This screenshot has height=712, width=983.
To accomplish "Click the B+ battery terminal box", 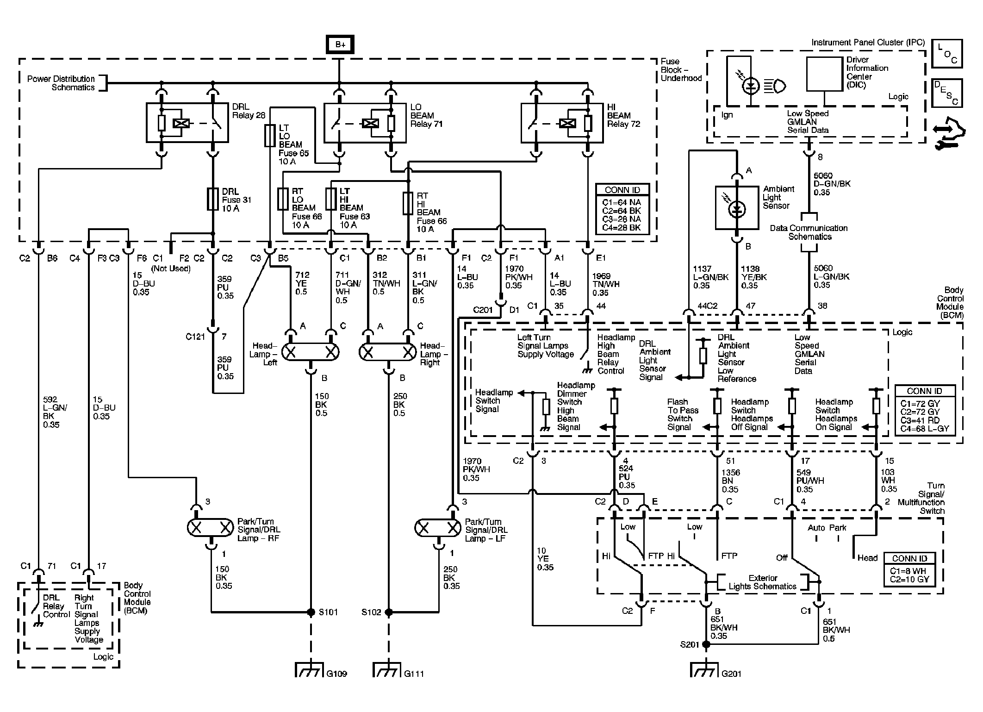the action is pyautogui.click(x=340, y=44).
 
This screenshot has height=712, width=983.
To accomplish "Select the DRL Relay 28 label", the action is pyautogui.click(x=248, y=111).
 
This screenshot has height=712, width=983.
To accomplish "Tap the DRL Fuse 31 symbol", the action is pyautogui.click(x=212, y=199).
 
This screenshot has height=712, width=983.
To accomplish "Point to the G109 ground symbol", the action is pyautogui.click(x=309, y=670).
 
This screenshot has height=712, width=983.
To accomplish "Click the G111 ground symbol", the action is pyautogui.click(x=387, y=670).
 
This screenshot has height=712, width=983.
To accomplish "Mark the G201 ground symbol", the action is pyautogui.click(x=705, y=670).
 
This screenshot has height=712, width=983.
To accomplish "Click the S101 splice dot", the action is pyautogui.click(x=311, y=612).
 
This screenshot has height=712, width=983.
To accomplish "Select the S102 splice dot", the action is pyautogui.click(x=389, y=612).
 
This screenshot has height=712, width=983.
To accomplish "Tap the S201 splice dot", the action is pyautogui.click(x=706, y=644).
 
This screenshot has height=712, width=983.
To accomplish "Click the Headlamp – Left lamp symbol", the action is pyautogui.click(x=311, y=352).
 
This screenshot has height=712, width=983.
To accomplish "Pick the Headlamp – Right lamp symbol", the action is pyautogui.click(x=388, y=352).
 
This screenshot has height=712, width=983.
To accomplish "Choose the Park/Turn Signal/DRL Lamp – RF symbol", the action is pyautogui.click(x=210, y=528).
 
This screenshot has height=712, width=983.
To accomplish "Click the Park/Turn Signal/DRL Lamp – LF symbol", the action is pyautogui.click(x=437, y=528).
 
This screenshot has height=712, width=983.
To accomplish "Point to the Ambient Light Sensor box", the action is pyautogui.click(x=737, y=208).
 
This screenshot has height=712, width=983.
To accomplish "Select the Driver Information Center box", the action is pyautogui.click(x=824, y=75).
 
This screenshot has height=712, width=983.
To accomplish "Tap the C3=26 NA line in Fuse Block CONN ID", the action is pyautogui.click(x=622, y=219).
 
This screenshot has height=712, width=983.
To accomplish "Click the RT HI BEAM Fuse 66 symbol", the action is pyautogui.click(x=408, y=203).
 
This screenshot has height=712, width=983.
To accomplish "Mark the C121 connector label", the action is pyautogui.click(x=195, y=337).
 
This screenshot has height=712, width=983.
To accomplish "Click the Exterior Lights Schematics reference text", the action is pyautogui.click(x=762, y=582).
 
